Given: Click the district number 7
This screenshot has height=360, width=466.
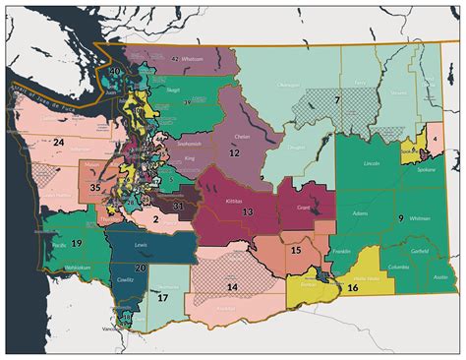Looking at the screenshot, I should coord(336,100).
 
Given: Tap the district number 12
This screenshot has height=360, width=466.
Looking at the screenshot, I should coord(234,153).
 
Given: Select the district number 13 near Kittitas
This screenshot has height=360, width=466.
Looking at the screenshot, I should coord(248,210).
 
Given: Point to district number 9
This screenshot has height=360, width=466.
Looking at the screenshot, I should coord(400,216).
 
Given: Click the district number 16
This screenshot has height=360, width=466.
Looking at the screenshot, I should coord(352,288).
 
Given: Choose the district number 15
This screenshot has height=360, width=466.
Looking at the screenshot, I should coord(295,251).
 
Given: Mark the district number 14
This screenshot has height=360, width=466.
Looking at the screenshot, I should coord(232,286).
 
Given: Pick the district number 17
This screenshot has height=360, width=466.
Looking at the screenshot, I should coord(163,296).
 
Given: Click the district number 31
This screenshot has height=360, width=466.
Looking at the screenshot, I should coord(178,207).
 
